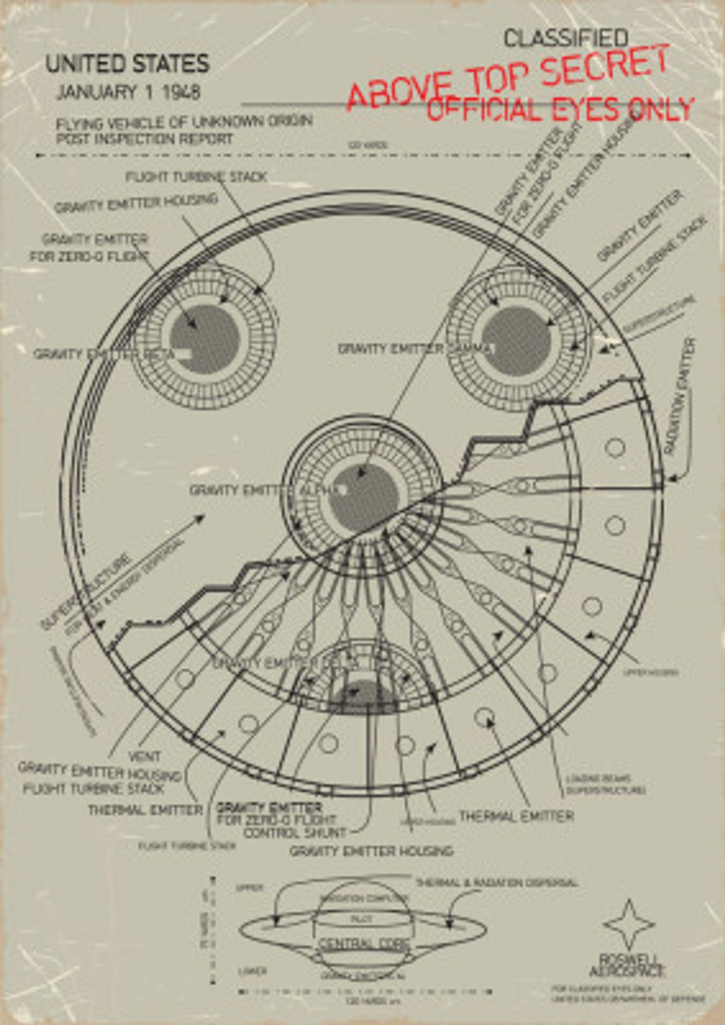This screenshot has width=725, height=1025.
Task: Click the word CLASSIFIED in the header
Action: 565,39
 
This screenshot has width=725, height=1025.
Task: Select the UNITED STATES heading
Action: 128,65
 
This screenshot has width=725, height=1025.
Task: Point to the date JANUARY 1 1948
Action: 129,93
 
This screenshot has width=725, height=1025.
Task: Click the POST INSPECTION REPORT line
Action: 145,139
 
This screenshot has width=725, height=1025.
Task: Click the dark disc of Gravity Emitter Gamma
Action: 517,340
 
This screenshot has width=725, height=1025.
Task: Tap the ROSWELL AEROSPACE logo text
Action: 626,965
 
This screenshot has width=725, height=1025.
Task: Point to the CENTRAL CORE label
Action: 364,944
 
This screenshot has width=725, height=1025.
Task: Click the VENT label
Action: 145,756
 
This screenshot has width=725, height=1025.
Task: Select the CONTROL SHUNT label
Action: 295,833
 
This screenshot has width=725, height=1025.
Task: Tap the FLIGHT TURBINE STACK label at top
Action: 196,177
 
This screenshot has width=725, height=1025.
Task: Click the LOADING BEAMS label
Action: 598,779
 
